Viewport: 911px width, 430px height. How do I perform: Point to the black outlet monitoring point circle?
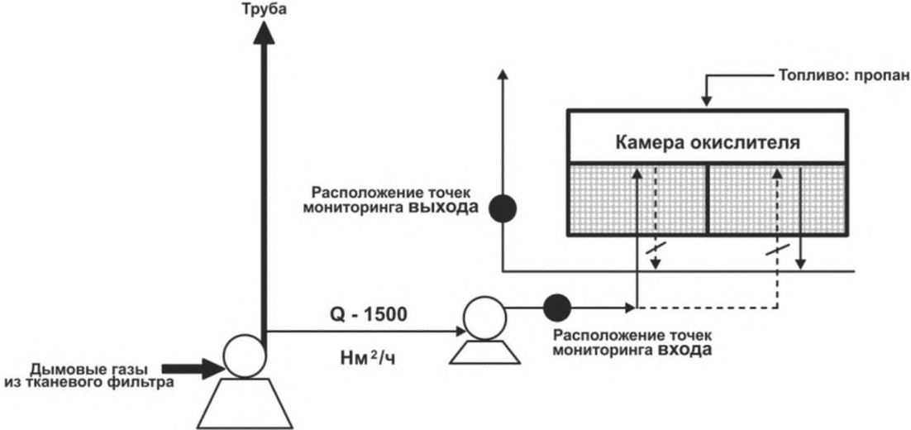pos(502,208)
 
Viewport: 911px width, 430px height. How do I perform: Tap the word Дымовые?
pos(64,367)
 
